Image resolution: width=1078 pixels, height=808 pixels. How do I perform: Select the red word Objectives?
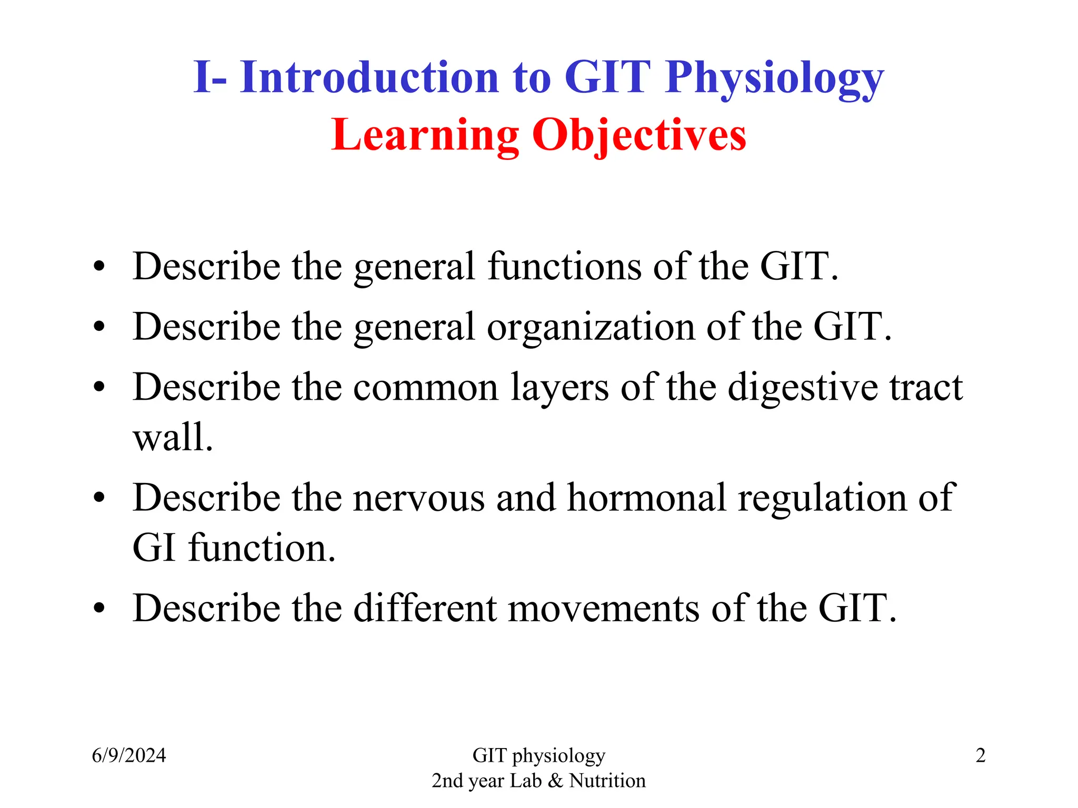pyautogui.click(x=638, y=136)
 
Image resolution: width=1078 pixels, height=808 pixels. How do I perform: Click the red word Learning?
pyautogui.click(x=425, y=136)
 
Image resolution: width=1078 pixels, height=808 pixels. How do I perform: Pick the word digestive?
pyautogui.click(x=803, y=388)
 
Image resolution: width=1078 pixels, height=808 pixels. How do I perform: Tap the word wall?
pyautogui.click(x=173, y=438)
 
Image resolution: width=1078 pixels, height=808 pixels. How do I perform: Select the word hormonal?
pyautogui.click(x=646, y=498)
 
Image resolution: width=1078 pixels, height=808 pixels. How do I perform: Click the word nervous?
pyautogui.click(x=418, y=498)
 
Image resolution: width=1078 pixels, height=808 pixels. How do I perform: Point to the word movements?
pyautogui.click(x=604, y=609)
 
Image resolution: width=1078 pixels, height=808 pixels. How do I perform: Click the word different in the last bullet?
pyautogui.click(x=424, y=609)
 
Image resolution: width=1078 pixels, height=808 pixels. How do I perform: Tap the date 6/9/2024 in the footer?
pyautogui.click(x=129, y=756)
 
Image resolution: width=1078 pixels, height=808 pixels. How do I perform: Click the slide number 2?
pyautogui.click(x=980, y=756)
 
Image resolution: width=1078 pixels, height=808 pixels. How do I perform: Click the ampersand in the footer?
pyautogui.click(x=555, y=781)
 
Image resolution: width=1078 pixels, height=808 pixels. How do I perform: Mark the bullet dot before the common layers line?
pyautogui.click(x=99, y=388)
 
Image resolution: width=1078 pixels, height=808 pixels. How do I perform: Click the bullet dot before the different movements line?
pyautogui.click(x=99, y=609)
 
